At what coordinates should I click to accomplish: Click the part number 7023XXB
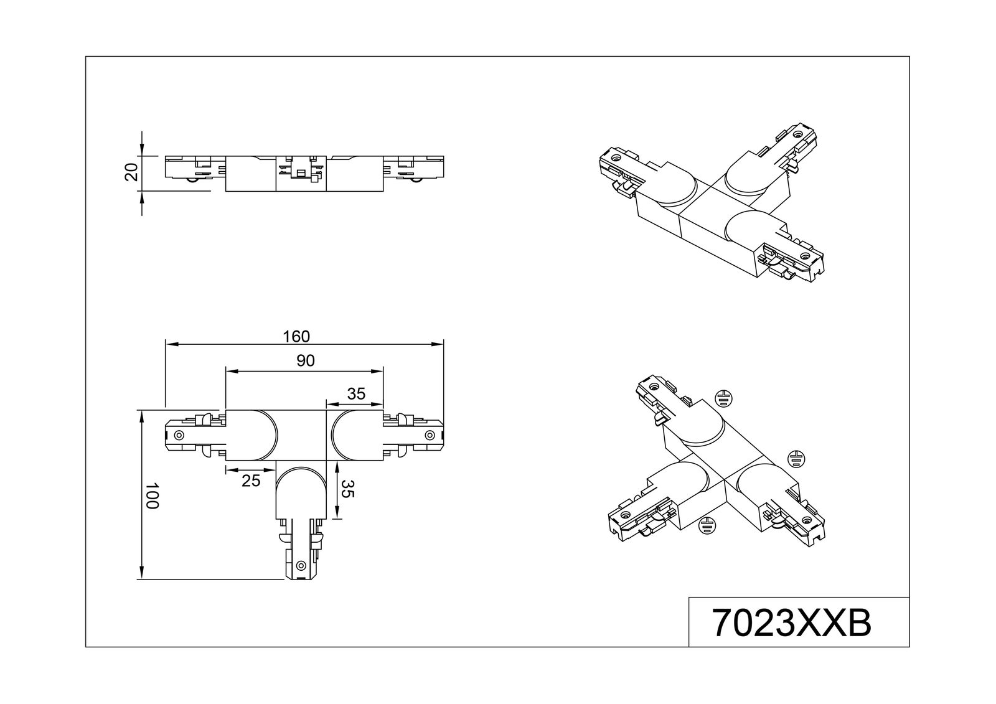pyautogui.click(x=792, y=623)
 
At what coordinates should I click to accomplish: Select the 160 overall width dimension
pyautogui.click(x=296, y=337)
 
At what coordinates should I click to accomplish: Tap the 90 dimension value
pyautogui.click(x=306, y=360)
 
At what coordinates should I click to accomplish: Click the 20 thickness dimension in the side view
pyautogui.click(x=131, y=172)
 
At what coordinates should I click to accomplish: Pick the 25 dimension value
pyautogui.click(x=251, y=481)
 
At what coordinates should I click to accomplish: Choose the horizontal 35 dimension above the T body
pyautogui.click(x=356, y=393)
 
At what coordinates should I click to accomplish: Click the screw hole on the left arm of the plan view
pyautogui.click(x=179, y=435)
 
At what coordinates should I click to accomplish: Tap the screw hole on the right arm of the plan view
pyautogui.click(x=430, y=434)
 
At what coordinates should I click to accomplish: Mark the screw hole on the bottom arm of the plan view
pyautogui.click(x=301, y=566)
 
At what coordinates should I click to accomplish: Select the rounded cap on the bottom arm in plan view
pyautogui.click(x=301, y=493)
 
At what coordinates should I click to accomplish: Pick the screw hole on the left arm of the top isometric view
pyautogui.click(x=616, y=157)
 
